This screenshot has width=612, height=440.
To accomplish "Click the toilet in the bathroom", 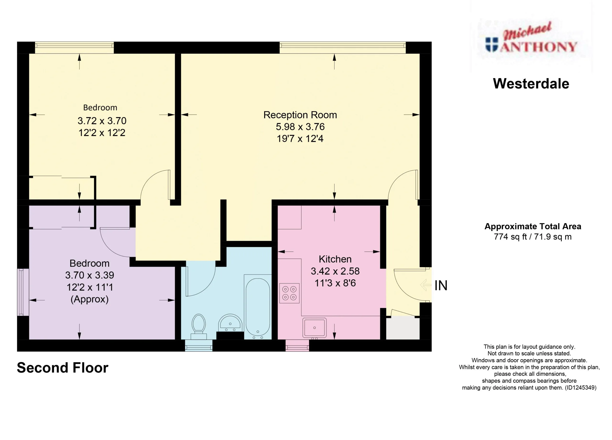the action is pyautogui.click(x=199, y=327).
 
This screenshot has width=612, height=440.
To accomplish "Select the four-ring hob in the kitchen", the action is pyautogui.click(x=289, y=293).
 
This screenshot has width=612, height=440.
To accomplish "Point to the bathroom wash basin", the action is pyautogui.click(x=230, y=323).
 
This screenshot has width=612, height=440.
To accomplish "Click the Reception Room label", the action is pyautogui.click(x=300, y=115).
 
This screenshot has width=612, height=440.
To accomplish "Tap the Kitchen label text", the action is pyautogui.click(x=335, y=259).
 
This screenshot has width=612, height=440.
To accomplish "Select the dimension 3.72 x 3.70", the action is pyautogui.click(x=102, y=121).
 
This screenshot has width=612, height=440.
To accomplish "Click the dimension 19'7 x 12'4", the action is pyautogui.click(x=300, y=139).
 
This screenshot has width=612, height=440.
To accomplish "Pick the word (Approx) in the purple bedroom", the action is pyautogui.click(x=90, y=299).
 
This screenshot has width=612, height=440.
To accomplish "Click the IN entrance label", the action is pyautogui.click(x=441, y=286).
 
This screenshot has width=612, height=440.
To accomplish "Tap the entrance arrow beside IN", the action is pyautogui.click(x=426, y=285).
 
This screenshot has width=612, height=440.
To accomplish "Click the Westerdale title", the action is pyautogui.click(x=531, y=84).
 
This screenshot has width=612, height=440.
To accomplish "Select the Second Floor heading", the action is pyautogui.click(x=63, y=368).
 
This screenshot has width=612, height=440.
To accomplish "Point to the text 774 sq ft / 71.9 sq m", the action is pyautogui.click(x=533, y=237).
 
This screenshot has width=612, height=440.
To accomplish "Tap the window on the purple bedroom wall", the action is pyautogui.click(x=23, y=292).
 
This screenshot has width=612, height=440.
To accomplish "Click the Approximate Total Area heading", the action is pyautogui.click(x=533, y=226).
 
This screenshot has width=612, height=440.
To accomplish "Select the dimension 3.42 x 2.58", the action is pyautogui.click(x=335, y=271).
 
